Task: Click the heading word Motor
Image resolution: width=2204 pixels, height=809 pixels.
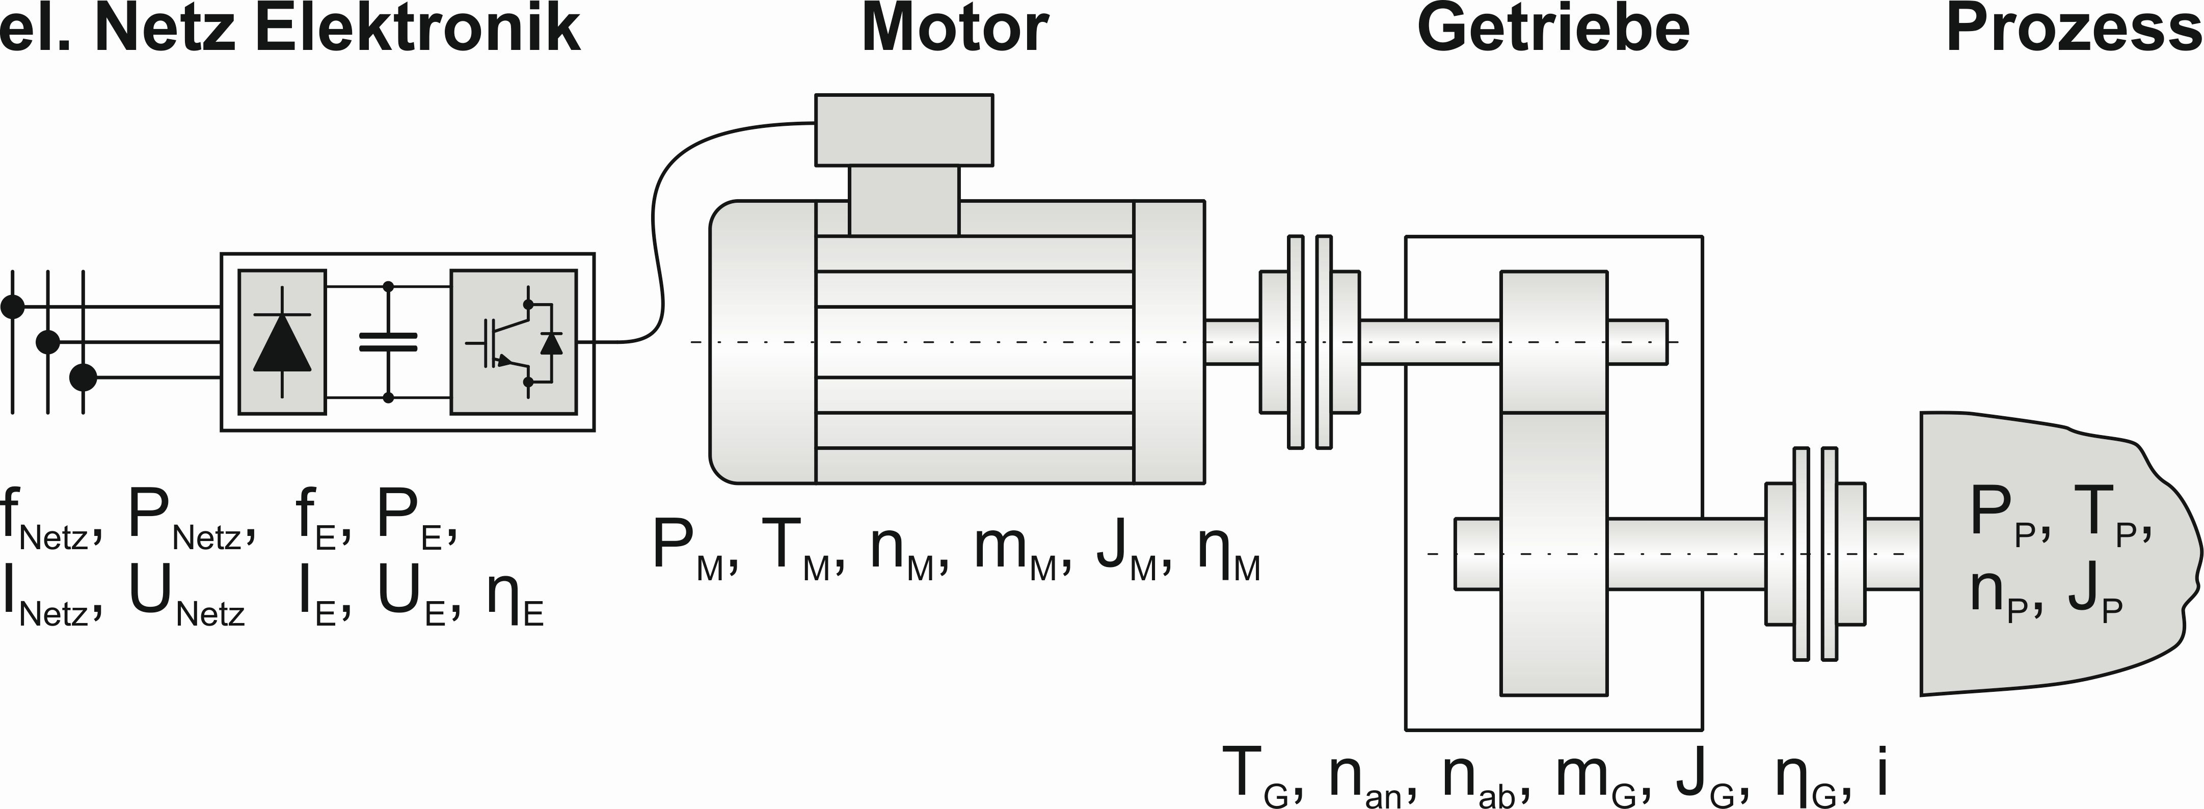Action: (x=955, y=28)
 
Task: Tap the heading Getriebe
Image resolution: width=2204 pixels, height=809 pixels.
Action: (x=1554, y=28)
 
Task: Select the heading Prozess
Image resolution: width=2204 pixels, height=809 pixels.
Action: (x=2074, y=28)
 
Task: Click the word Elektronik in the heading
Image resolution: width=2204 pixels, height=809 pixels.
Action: (x=418, y=28)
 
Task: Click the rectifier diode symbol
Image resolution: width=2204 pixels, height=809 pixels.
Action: (x=282, y=342)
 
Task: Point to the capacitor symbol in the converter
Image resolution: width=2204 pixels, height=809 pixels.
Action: (x=388, y=342)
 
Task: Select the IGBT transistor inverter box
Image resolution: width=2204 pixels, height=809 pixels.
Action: (x=514, y=342)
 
